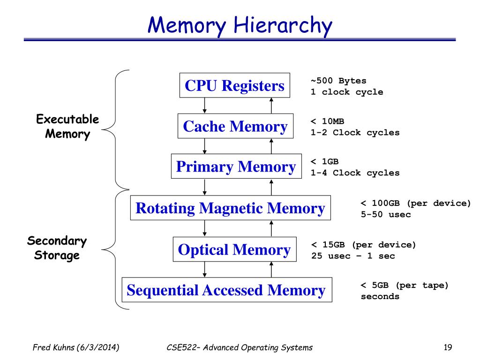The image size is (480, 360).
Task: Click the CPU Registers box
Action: tap(234, 86)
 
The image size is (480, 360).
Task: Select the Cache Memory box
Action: tap(235, 126)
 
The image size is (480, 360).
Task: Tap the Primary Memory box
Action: tap(235, 167)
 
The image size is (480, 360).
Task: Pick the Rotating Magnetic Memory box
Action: tap(230, 208)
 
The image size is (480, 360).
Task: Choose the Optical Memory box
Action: tap(234, 249)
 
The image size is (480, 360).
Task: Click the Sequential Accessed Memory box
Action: tap(226, 290)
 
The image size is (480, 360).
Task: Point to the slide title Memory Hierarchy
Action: tap(240, 26)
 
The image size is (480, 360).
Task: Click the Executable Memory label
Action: tap(67, 127)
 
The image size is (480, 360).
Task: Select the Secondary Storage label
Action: tap(57, 248)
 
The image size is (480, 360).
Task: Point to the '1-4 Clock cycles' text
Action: tap(355, 173)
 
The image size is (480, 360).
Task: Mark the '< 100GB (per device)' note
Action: tap(415, 203)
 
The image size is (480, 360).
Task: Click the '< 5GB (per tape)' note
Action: tap(405, 285)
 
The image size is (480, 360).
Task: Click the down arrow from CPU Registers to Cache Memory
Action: tap(205, 105)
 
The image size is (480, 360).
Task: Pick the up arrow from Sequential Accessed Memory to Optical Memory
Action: tap(271, 270)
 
